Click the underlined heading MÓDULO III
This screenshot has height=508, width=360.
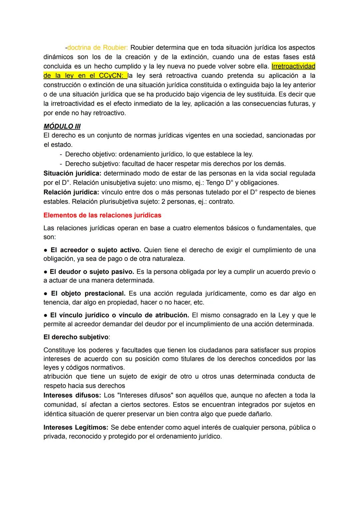(x=62, y=126)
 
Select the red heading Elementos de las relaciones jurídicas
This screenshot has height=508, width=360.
(x=102, y=215)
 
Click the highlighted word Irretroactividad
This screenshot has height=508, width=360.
(x=293, y=66)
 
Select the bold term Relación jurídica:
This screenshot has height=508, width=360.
(x=71, y=192)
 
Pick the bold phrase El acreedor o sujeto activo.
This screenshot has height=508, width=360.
(x=96, y=250)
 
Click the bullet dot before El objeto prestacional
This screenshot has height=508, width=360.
(x=46, y=293)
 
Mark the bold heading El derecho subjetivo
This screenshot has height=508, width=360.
(x=76, y=337)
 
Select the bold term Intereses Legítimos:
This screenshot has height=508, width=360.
(x=76, y=427)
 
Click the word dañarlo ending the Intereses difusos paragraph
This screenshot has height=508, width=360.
(x=261, y=414)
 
